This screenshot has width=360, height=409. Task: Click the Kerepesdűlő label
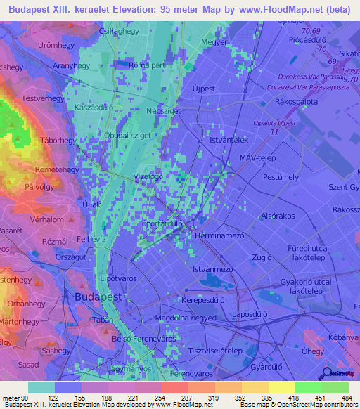pyautogui.click(x=210, y=299)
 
